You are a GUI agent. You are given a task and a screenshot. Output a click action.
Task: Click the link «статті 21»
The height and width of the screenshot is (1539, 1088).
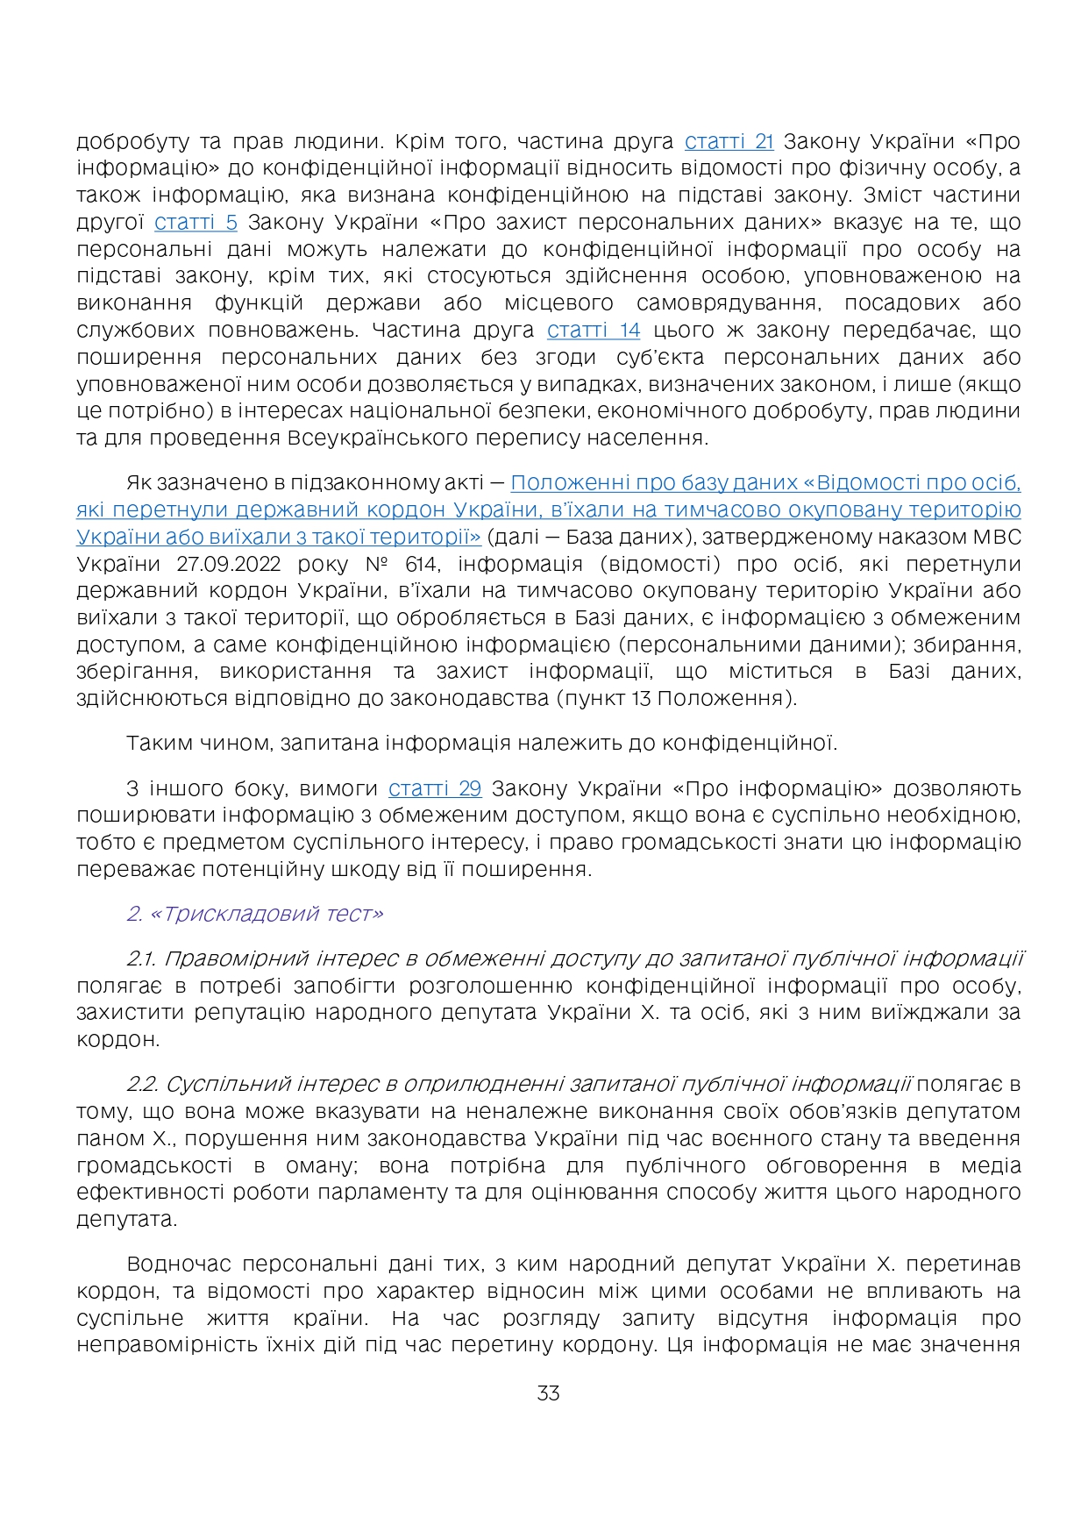[729, 141]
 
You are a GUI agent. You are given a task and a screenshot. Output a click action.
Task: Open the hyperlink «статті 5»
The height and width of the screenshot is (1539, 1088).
[196, 222]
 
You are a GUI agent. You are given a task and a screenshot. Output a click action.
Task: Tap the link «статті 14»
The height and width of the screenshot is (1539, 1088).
[594, 330]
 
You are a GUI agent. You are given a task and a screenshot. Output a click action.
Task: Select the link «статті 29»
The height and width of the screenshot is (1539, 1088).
[435, 788]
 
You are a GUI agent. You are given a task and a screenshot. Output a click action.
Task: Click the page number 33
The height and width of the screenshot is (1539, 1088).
[548, 1393]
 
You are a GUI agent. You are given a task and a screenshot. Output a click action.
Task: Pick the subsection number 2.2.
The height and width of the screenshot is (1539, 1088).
[142, 1085]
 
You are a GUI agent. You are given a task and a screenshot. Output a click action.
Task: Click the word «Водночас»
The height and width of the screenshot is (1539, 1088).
[179, 1265]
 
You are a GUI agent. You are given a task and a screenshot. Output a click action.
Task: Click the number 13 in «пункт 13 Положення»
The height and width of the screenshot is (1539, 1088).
[642, 699]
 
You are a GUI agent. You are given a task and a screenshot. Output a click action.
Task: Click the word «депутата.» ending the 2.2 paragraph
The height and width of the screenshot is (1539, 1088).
[127, 1220]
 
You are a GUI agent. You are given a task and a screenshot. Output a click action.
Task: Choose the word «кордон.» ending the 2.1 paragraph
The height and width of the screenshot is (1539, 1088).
[118, 1040]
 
